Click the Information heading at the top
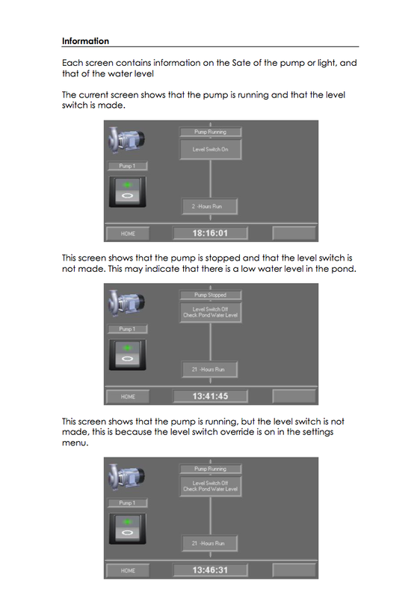(85, 41)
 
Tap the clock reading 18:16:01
(210, 233)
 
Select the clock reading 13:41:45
(210, 396)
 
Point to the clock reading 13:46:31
(210, 570)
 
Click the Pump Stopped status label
(210, 295)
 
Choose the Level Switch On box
(210, 150)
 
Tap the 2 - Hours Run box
(210, 206)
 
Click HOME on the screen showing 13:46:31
(128, 571)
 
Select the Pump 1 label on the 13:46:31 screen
(128, 503)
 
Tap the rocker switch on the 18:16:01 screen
(128, 192)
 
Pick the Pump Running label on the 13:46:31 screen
(210, 469)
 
